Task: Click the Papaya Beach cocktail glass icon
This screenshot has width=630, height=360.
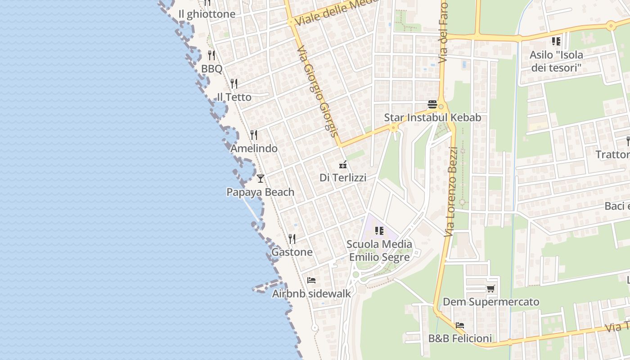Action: [x=261, y=179]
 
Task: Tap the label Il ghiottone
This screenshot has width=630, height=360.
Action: [x=207, y=14]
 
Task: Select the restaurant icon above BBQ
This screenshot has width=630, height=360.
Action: [x=211, y=55]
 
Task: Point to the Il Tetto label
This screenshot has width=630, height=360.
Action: [x=234, y=97]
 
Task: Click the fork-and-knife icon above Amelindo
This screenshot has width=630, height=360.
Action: [x=254, y=135]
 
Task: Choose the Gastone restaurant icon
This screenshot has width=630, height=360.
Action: [x=292, y=238]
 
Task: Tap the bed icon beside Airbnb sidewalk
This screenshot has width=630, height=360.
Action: [x=311, y=280]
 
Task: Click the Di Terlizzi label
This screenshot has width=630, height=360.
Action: [x=343, y=178]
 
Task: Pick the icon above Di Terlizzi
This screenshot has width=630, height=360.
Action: [x=343, y=164]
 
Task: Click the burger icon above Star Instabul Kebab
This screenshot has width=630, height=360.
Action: [x=432, y=104]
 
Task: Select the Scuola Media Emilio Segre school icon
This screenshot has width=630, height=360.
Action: [x=379, y=231]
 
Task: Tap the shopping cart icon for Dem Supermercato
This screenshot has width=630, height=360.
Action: [x=490, y=288]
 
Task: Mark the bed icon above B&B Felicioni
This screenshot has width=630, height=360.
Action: [x=459, y=325]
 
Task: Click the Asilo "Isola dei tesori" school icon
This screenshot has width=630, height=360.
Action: [x=556, y=41]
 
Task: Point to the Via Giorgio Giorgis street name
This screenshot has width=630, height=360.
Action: [x=317, y=90]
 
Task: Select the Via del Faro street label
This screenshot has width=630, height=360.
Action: [x=444, y=31]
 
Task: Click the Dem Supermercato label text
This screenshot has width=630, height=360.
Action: [x=491, y=302]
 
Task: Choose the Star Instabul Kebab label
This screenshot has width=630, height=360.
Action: [x=432, y=117]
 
